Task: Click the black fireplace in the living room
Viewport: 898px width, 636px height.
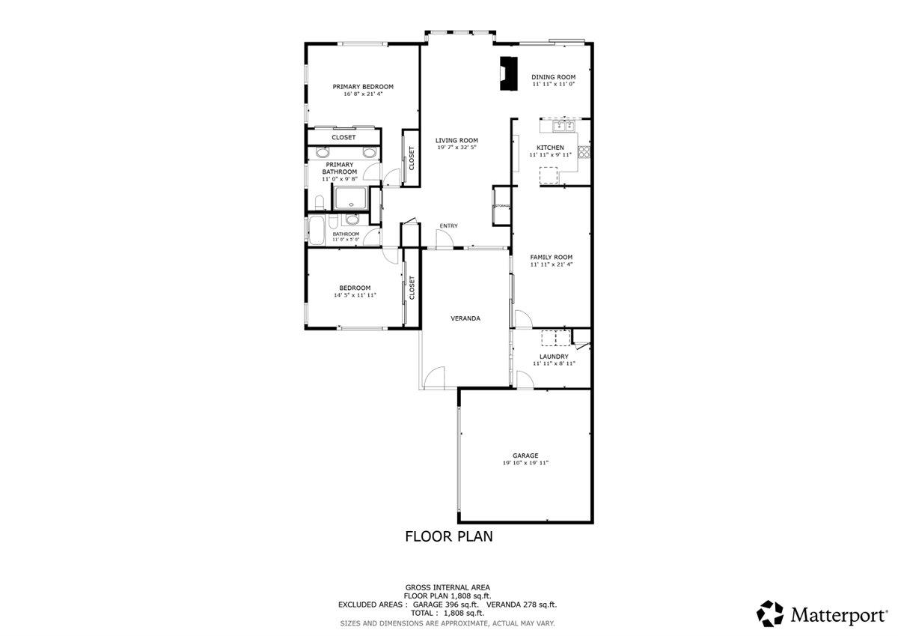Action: [508, 73]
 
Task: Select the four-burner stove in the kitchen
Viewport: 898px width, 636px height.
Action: [584, 154]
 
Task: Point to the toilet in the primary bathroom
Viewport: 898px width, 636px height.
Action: [317, 202]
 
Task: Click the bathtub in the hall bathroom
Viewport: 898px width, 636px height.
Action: [317, 229]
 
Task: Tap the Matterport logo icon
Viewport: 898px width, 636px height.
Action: [770, 614]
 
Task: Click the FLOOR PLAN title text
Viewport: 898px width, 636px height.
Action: [448, 536]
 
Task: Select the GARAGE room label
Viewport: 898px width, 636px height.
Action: [525, 455]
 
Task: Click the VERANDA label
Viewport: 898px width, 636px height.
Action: [465, 318]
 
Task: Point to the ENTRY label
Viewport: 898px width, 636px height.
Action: [448, 226]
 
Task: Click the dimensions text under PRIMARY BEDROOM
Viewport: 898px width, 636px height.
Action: [363, 94]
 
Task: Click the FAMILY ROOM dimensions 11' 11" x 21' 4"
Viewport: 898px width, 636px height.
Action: [552, 264]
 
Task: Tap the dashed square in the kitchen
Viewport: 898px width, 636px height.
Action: [549, 175]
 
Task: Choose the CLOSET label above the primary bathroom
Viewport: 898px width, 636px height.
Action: [343, 138]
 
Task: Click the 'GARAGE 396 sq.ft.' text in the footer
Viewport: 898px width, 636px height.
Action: [445, 604]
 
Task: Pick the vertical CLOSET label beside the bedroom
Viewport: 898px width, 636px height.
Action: [412, 288]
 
